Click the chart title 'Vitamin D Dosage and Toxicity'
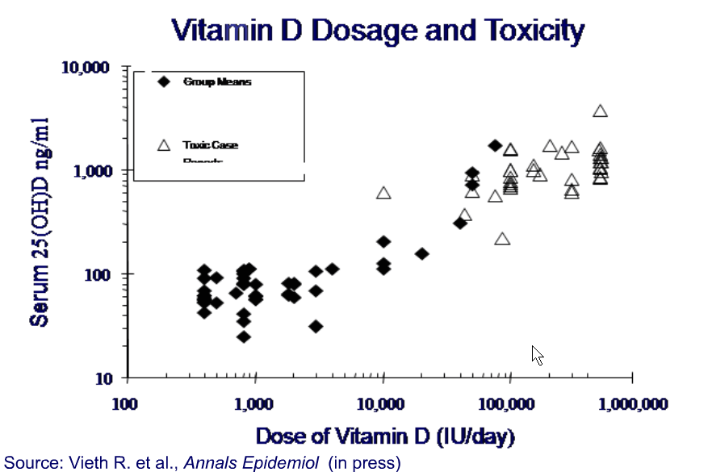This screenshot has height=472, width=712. click(378, 31)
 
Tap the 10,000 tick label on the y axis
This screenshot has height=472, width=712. click(86, 67)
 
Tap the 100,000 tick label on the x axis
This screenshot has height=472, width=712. click(509, 403)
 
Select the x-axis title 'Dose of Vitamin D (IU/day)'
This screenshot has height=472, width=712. click(384, 436)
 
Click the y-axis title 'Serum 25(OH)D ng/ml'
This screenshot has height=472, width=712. click(40, 221)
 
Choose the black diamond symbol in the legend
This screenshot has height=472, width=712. click(164, 81)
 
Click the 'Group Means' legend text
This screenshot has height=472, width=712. click(216, 81)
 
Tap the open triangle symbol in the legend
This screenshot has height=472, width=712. click(164, 145)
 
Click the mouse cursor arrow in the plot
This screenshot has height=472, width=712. click(537, 354)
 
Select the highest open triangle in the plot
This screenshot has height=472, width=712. click(600, 111)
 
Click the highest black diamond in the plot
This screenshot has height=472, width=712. click(495, 145)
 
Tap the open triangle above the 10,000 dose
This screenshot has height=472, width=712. click(384, 193)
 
